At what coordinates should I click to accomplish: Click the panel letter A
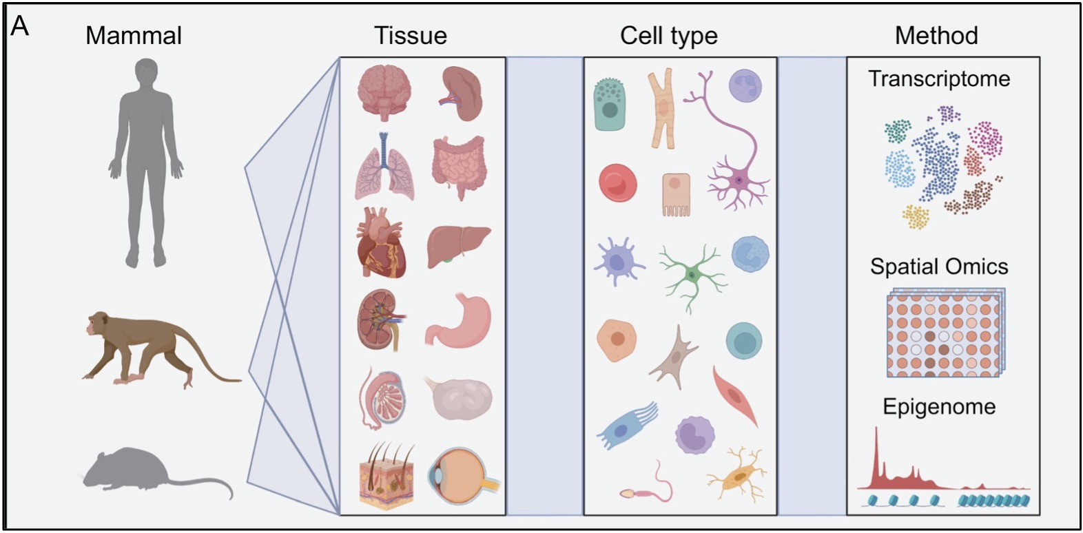pyautogui.click(x=20, y=26)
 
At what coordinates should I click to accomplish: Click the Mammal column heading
pyautogui.click(x=134, y=36)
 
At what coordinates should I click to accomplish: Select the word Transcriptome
pyautogui.click(x=939, y=79)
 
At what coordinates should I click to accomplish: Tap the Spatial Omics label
pyautogui.click(x=939, y=266)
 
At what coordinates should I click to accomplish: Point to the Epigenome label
pyautogui.click(x=939, y=407)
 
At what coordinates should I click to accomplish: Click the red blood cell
pyautogui.click(x=617, y=183)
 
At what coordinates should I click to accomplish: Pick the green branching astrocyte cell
pyautogui.click(x=691, y=274)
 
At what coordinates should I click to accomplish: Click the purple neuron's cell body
pyautogui.click(x=739, y=181)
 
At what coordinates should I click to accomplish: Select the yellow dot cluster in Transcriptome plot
pyautogui.click(x=916, y=216)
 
